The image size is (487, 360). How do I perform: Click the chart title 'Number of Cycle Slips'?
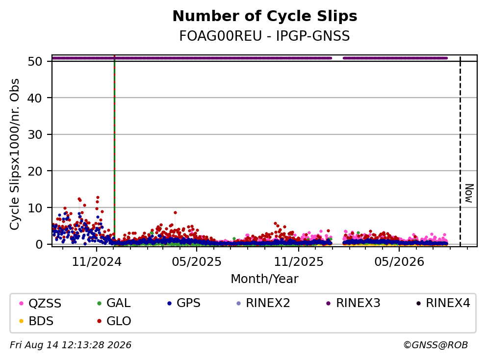coord(265,16)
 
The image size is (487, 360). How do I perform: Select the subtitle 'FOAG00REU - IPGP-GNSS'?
coord(265,36)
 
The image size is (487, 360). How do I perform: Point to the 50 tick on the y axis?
coord(35,61)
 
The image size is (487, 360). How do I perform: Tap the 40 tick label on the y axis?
coord(35,98)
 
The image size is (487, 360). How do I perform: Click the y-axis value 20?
coord(35,171)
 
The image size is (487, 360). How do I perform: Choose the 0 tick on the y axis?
coord(39,244)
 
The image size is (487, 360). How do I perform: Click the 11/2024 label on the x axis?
coord(97,262)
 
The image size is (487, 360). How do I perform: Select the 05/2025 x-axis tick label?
coord(197,262)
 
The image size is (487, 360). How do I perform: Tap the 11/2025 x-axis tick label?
coord(299,262)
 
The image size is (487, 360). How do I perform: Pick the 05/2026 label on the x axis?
coord(399,262)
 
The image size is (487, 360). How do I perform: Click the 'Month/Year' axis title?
coord(265,279)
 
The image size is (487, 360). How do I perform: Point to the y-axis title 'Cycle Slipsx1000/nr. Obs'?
coord(14,154)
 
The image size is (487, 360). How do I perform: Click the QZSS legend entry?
coord(40,303)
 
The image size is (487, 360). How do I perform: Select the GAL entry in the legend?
coord(114,303)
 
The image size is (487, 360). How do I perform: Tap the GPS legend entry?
coord(184,303)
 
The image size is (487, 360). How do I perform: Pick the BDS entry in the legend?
coord(36,321)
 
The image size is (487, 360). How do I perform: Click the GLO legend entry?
coord(114,321)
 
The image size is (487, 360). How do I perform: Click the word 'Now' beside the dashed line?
coord(469,193)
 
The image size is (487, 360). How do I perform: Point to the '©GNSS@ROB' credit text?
coord(436,345)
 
